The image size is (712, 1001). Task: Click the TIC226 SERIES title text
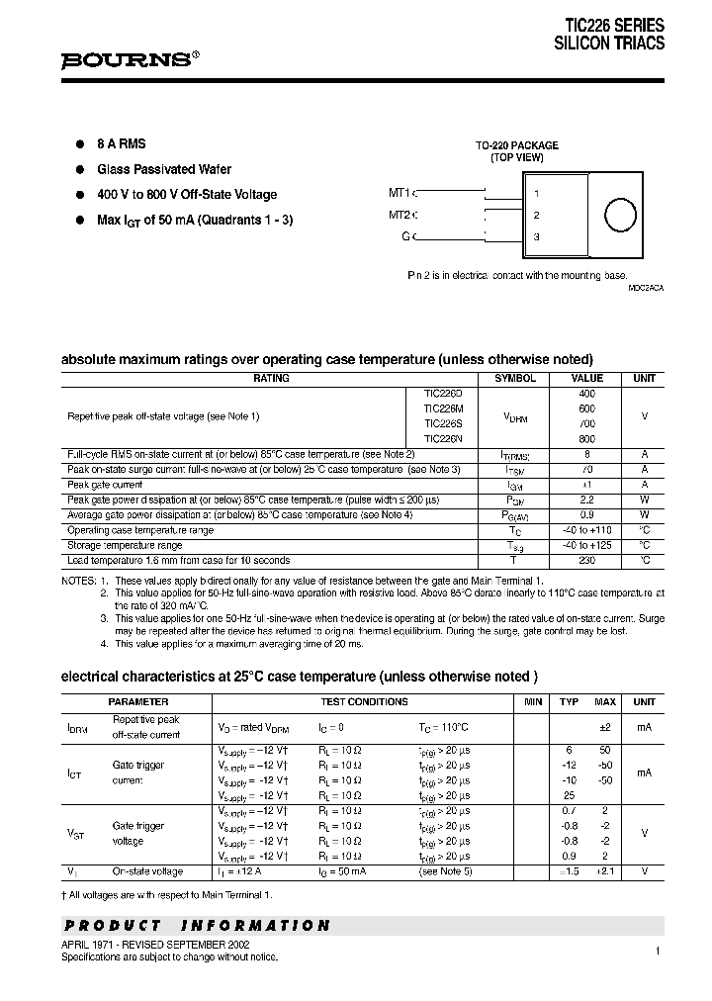pyautogui.click(x=614, y=26)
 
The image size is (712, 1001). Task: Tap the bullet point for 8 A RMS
pyautogui.click(x=81, y=143)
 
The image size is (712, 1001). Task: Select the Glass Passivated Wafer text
pyautogui.click(x=163, y=169)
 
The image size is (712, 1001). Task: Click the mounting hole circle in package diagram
pyautogui.click(x=620, y=216)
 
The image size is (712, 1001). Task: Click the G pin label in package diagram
pyautogui.click(x=405, y=235)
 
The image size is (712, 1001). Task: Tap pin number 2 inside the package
pyautogui.click(x=536, y=215)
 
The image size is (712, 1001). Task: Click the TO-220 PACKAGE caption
pyautogui.click(x=517, y=144)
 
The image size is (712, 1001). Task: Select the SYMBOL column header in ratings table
pyautogui.click(x=514, y=378)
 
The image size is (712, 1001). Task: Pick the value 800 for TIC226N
pyautogui.click(x=587, y=438)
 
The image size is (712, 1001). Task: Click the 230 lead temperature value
pyautogui.click(x=587, y=560)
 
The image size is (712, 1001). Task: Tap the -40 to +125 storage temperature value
pyautogui.click(x=587, y=545)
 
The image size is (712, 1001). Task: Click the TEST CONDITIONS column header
pyautogui.click(x=364, y=701)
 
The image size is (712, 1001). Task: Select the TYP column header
pyautogui.click(x=570, y=701)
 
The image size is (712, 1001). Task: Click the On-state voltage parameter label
pyautogui.click(x=147, y=871)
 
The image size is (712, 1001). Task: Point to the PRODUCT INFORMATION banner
pyautogui.click(x=197, y=926)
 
